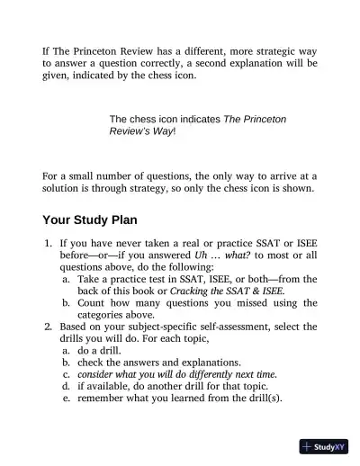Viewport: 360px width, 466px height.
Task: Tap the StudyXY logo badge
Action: pyautogui.click(x=324, y=447)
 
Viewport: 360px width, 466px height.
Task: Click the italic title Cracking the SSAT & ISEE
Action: pyautogui.click(x=227, y=291)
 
